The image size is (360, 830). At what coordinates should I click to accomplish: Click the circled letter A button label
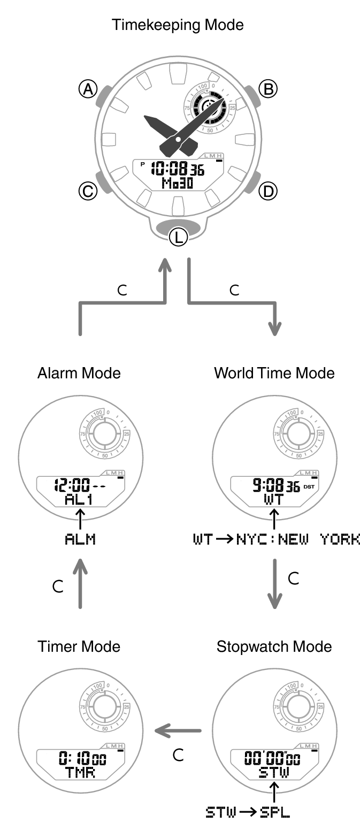tap(88, 89)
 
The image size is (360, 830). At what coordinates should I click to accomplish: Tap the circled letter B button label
tap(267, 89)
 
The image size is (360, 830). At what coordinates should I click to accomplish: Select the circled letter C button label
tap(88, 191)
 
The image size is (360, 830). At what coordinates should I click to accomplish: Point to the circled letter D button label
tap(267, 191)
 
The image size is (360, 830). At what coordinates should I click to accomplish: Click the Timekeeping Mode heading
tap(178, 25)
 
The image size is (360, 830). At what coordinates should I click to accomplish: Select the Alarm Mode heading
tap(79, 373)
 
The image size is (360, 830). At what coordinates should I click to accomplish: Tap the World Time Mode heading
tap(274, 373)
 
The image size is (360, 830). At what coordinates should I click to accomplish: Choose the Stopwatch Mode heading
tap(274, 646)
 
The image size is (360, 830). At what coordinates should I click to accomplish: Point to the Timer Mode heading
tap(79, 646)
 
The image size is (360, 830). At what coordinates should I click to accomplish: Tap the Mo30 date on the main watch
tap(177, 184)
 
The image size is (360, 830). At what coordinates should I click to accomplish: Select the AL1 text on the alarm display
tap(80, 499)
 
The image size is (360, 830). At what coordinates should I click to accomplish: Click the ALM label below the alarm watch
tap(80, 539)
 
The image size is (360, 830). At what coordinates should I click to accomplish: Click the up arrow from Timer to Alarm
tap(80, 583)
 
